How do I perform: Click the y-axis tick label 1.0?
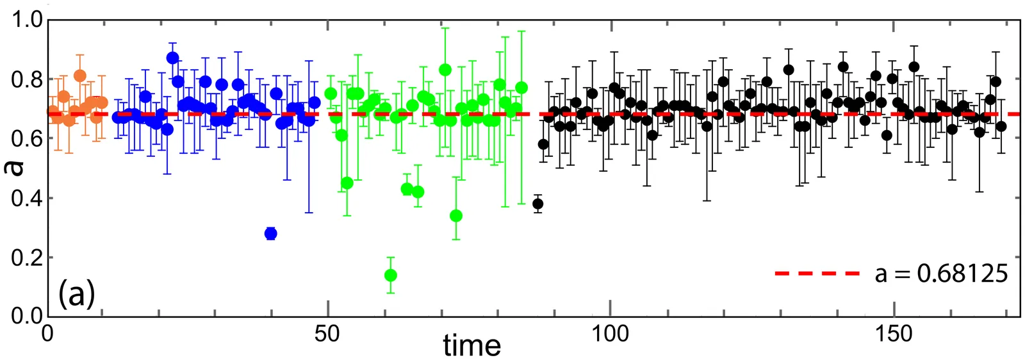point(26,20)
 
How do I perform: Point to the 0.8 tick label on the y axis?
point(26,79)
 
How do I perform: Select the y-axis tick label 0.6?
point(26,138)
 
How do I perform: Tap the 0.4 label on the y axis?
point(26,197)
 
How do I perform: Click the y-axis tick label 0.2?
point(26,257)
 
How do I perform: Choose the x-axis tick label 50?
point(327,334)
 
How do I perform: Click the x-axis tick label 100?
point(610,334)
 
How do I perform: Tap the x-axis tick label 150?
point(893,334)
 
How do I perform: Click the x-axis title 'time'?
point(471,346)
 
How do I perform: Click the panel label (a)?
point(77,295)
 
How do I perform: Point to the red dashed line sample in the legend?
point(817,274)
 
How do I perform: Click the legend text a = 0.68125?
point(941,274)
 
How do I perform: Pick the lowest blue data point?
point(270,233)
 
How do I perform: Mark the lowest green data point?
point(390,275)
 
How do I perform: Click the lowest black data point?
point(538,204)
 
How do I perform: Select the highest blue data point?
point(172,58)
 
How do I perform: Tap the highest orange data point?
point(80,76)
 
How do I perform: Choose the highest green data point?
point(445,69)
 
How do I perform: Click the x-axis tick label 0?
point(47,334)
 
